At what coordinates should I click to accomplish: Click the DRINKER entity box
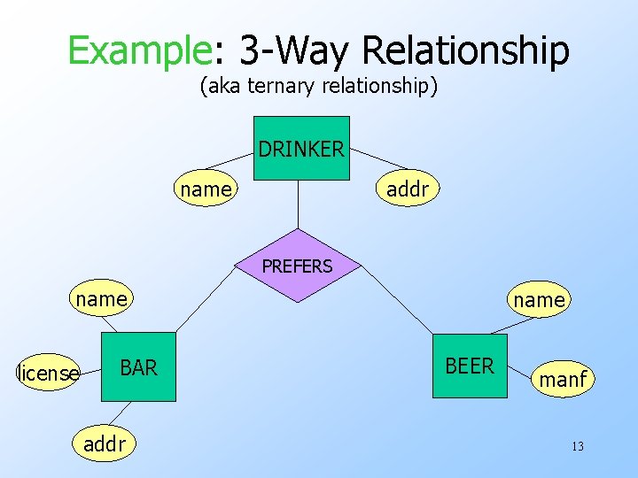point(300,148)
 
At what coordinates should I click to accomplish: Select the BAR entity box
point(138,367)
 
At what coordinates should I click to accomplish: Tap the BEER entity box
point(470,366)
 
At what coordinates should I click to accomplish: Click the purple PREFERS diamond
point(298,266)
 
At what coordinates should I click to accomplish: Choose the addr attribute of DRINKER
point(408,189)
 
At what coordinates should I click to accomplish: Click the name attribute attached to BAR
point(102,299)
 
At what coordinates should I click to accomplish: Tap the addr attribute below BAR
point(105,443)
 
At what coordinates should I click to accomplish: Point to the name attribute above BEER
point(539,300)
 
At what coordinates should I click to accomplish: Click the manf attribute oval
point(563,379)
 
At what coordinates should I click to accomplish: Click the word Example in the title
point(137,50)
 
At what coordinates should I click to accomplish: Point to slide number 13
point(577,446)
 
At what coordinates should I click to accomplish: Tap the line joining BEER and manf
point(519,372)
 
